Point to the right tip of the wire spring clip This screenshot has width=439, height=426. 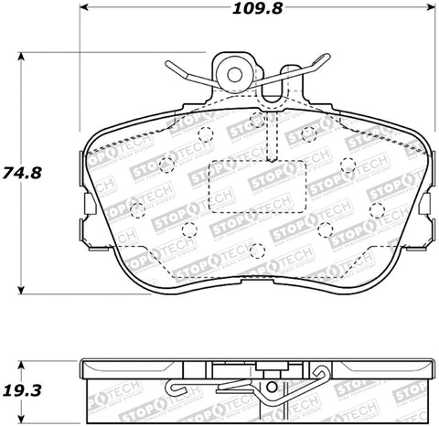point(324,59)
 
